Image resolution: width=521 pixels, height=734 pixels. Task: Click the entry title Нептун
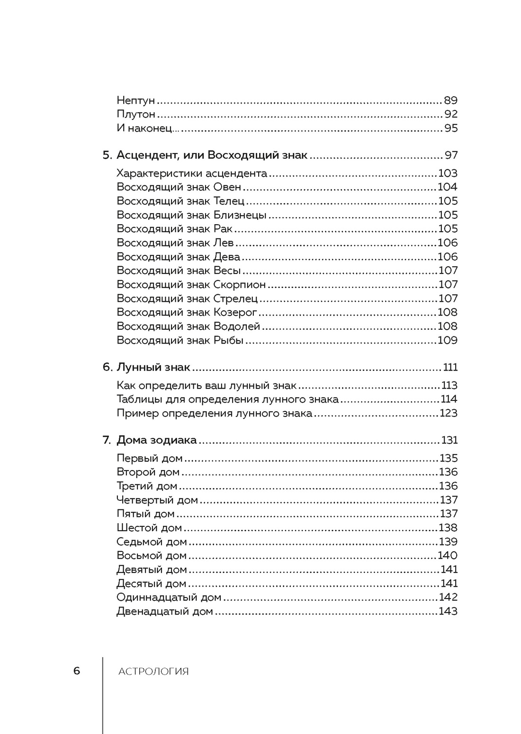[135, 100]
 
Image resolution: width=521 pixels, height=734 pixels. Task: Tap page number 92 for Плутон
[450, 114]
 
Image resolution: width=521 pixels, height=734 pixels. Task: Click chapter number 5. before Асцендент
[107, 155]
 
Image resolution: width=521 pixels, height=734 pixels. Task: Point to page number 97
[451, 155]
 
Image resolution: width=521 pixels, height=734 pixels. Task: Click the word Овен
[227, 187]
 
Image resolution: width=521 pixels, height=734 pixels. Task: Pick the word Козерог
[235, 312]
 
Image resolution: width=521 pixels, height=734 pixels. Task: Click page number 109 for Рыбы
[448, 340]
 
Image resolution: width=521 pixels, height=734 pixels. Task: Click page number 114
[449, 399]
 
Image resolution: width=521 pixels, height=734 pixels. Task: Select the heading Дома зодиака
[156, 440]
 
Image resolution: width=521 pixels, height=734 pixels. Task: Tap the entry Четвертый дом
[157, 500]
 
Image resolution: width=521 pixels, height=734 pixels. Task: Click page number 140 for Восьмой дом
[448, 555]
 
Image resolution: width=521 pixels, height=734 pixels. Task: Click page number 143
[448, 611]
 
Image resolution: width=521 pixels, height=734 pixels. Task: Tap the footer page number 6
[77, 671]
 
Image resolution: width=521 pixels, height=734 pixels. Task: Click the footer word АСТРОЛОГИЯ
[153, 671]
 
